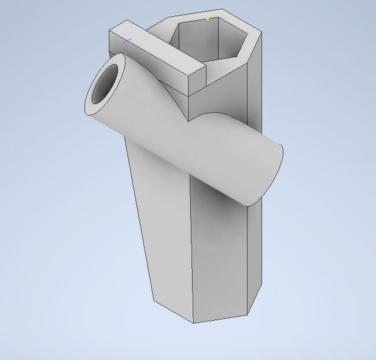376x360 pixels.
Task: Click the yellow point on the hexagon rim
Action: click(x=208, y=19)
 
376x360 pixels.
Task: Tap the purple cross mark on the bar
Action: click(x=127, y=40)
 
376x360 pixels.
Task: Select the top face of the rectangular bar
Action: click(x=156, y=49)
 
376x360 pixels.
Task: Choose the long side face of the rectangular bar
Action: click(x=150, y=69)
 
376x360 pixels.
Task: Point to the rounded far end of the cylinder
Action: click(x=272, y=173)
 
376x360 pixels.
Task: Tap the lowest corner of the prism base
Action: click(x=193, y=322)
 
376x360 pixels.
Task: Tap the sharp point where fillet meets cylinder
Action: click(x=189, y=122)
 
